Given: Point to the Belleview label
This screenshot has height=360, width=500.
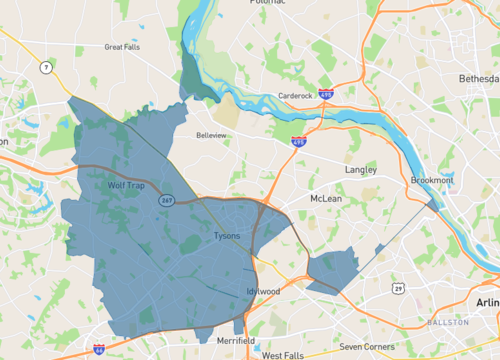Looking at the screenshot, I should (211, 134).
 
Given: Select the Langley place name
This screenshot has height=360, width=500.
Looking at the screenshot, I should (361, 170).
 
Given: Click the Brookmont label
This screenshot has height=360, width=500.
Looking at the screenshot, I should (431, 180).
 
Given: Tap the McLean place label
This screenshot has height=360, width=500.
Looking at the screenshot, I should (326, 198).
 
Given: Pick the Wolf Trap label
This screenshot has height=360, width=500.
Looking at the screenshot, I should (127, 186).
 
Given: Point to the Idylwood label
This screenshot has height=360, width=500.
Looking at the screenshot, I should (264, 291).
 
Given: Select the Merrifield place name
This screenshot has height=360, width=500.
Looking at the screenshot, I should (234, 341).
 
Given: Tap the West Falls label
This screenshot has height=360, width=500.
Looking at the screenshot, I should (283, 354).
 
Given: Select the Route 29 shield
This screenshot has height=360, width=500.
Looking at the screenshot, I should (399, 288).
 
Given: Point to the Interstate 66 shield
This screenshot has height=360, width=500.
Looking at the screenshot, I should (98, 348).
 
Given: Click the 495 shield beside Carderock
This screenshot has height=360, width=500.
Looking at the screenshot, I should (325, 94).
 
